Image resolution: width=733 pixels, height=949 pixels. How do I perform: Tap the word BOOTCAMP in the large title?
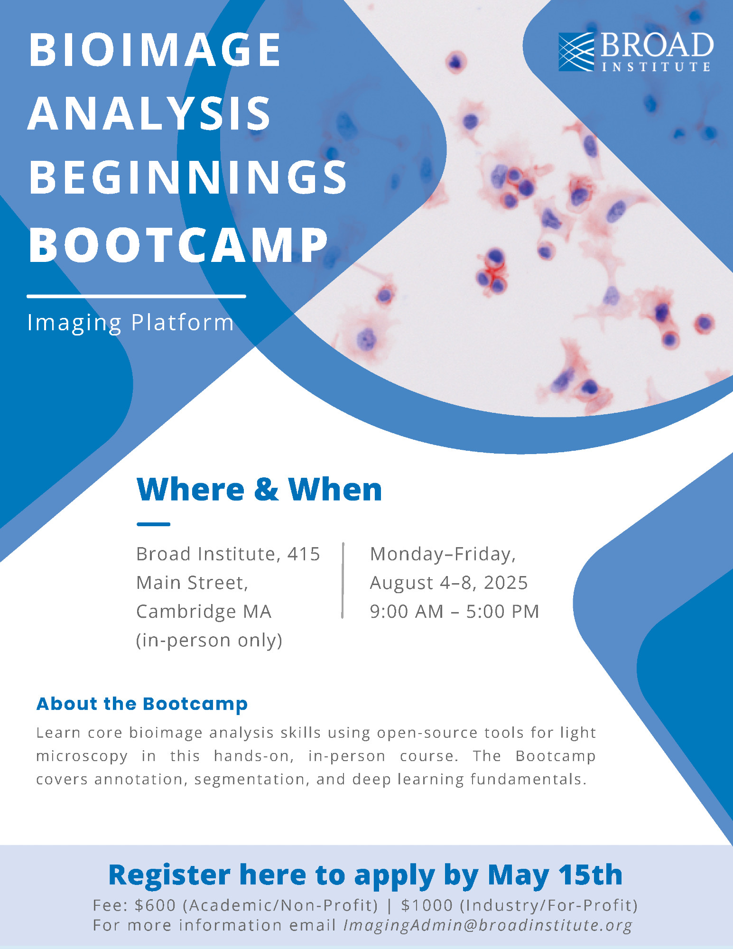click(x=178, y=245)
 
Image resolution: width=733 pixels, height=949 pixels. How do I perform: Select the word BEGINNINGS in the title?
click(x=188, y=177)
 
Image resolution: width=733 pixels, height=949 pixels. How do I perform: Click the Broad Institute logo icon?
click(x=576, y=52)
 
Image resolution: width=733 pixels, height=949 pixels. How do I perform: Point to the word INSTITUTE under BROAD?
click(x=656, y=66)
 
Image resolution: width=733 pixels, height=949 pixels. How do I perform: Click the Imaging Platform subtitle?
click(x=130, y=323)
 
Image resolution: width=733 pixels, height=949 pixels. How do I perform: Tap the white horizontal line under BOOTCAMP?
click(x=137, y=296)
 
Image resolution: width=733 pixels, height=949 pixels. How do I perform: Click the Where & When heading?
click(x=259, y=489)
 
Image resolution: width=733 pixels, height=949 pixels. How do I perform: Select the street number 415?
click(x=304, y=554)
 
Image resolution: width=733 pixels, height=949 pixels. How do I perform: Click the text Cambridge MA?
click(x=204, y=612)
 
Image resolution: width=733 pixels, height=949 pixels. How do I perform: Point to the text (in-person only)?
click(x=209, y=640)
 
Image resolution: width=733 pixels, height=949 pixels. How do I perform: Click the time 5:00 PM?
click(x=503, y=612)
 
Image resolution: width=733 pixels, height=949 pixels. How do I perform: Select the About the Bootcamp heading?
click(x=142, y=704)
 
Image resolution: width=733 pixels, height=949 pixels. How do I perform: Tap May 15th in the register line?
click(x=555, y=875)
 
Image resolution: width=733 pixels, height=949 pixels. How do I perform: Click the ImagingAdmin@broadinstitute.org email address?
click(x=488, y=925)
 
